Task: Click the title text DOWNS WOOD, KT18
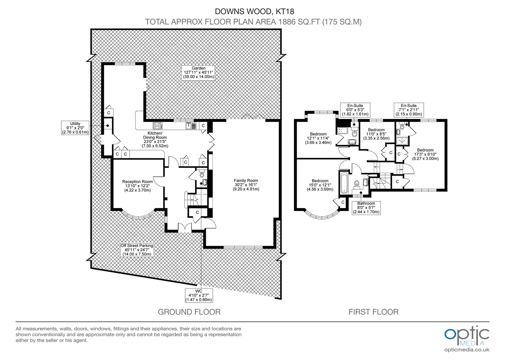[x=254, y=11]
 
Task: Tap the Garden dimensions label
[x=198, y=72]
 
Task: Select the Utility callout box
[x=75, y=128]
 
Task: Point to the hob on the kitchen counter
[x=157, y=126]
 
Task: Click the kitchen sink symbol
[x=191, y=126]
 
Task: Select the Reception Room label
[x=137, y=186]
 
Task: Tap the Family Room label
[x=246, y=185]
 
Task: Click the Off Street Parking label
[x=137, y=250]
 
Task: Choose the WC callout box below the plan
[x=199, y=295]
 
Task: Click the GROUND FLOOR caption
[x=189, y=312]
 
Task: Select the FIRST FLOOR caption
[x=373, y=312]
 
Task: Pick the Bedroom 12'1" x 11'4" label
[x=318, y=138]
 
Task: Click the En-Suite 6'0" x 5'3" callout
[x=354, y=110]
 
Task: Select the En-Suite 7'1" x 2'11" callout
[x=408, y=110]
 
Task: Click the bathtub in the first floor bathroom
[x=343, y=183]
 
